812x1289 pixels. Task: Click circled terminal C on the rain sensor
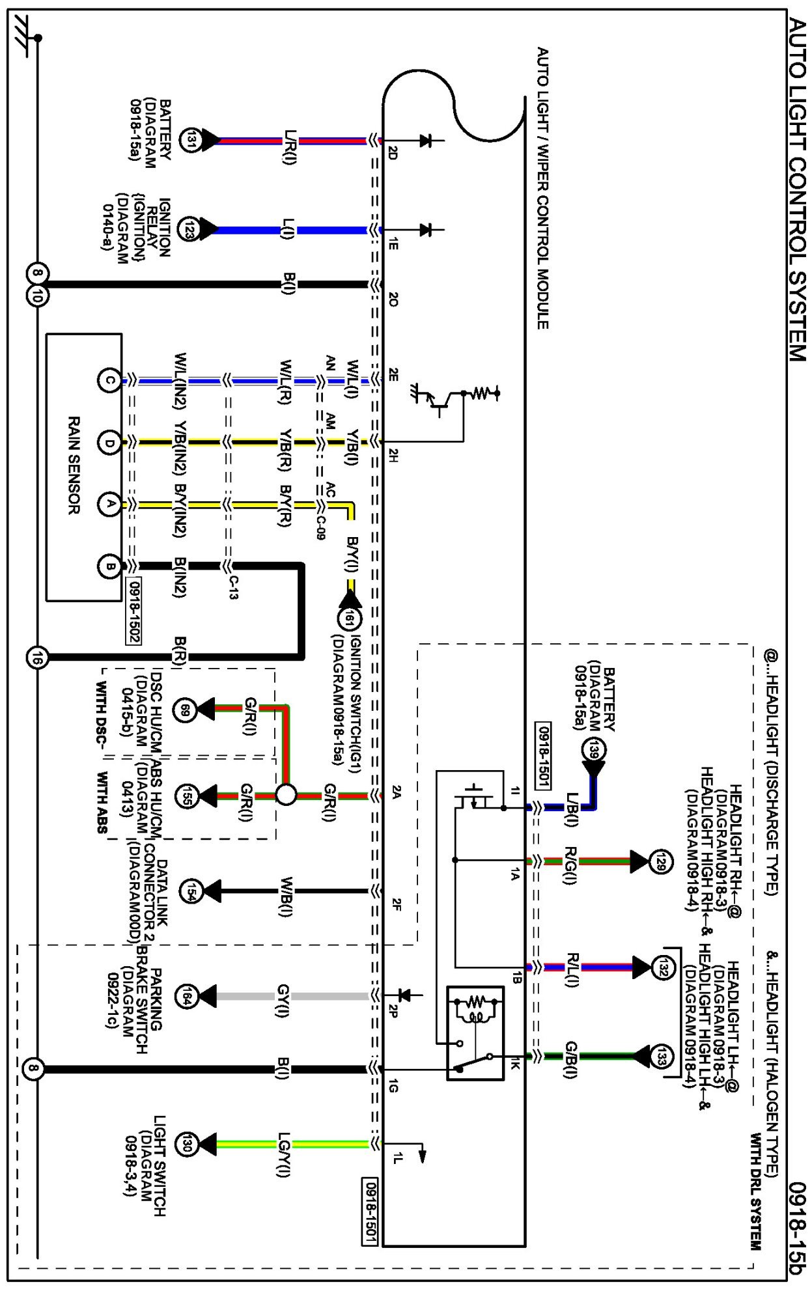tap(109, 381)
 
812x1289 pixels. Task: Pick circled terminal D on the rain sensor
tap(109, 443)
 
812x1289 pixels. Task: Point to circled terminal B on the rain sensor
tap(109, 566)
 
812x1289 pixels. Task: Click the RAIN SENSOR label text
tap(74, 465)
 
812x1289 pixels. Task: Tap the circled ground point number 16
tap(36, 658)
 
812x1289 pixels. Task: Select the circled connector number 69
tap(186, 710)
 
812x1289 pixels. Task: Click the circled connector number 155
tap(186, 796)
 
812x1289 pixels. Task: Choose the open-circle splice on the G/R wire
tap(286, 795)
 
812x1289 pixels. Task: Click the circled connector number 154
tap(189, 891)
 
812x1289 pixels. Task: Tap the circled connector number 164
tap(186, 996)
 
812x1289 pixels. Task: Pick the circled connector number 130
tap(186, 1144)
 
